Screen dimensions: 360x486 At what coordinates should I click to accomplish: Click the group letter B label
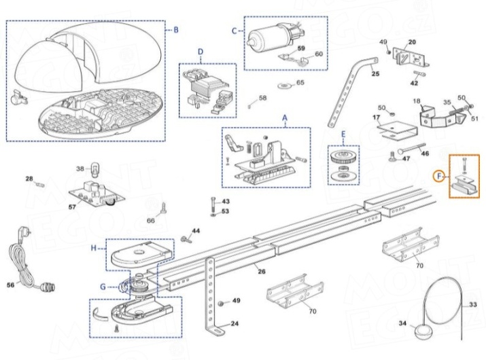176,30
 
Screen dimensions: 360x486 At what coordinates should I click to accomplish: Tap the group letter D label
201,52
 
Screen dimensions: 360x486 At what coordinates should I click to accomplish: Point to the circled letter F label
440,177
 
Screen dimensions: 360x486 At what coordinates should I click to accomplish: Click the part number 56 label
10,285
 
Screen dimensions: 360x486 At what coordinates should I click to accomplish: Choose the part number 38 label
79,168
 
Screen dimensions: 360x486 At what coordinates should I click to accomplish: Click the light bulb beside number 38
94,168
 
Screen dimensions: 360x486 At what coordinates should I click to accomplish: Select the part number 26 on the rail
261,272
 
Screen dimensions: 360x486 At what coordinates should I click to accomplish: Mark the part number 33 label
473,305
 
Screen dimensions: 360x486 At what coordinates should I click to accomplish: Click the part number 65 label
300,84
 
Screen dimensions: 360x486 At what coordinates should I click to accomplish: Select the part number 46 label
425,154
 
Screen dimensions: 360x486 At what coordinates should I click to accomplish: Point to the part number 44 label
196,232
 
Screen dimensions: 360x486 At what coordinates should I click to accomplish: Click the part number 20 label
411,43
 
